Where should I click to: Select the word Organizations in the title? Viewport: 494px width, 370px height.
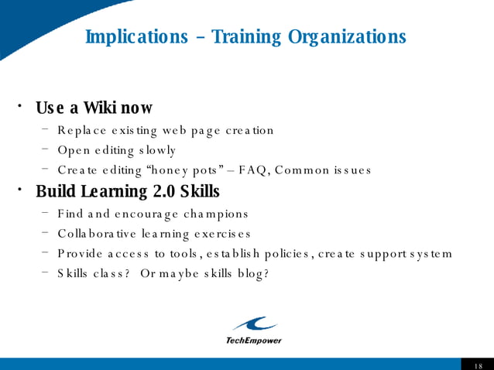click(347, 36)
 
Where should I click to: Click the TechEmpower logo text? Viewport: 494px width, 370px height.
click(253, 341)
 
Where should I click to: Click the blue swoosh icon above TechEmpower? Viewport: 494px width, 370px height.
click(254, 324)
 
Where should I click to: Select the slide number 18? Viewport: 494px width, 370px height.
click(477, 365)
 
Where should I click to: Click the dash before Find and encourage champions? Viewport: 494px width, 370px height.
click(46, 212)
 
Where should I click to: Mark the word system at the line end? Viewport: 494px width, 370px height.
click(430, 254)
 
